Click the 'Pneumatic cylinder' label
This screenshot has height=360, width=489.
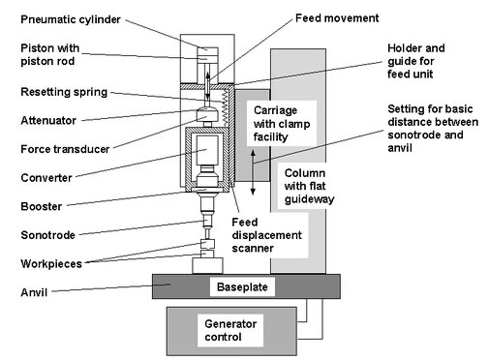coord(71,19)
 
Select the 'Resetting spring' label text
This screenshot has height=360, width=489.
coord(64,92)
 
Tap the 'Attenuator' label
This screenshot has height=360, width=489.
coord(48,121)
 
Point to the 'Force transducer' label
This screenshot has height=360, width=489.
coord(65,149)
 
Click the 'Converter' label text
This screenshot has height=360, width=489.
coord(46,178)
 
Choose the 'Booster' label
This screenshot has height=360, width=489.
coord(42,206)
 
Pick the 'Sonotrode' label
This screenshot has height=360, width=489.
coord(47,235)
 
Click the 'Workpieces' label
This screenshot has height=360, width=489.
coord(51,264)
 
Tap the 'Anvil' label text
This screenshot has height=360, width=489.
coord(34,292)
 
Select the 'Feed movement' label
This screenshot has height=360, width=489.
coord(337,18)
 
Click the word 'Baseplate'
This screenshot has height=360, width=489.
coord(242,286)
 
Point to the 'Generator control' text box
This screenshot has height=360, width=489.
coord(230,330)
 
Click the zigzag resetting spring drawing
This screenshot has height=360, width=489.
coord(225,107)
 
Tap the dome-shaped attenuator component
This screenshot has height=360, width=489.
coord(207,114)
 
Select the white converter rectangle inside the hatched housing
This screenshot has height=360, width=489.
coord(207,151)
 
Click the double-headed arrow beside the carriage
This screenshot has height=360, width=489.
coord(253,172)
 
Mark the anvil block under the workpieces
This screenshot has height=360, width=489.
coord(207,266)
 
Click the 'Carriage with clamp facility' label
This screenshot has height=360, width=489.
coord(282,124)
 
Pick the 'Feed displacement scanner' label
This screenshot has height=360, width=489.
coord(266,235)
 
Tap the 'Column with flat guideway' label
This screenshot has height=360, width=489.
coord(309,186)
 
